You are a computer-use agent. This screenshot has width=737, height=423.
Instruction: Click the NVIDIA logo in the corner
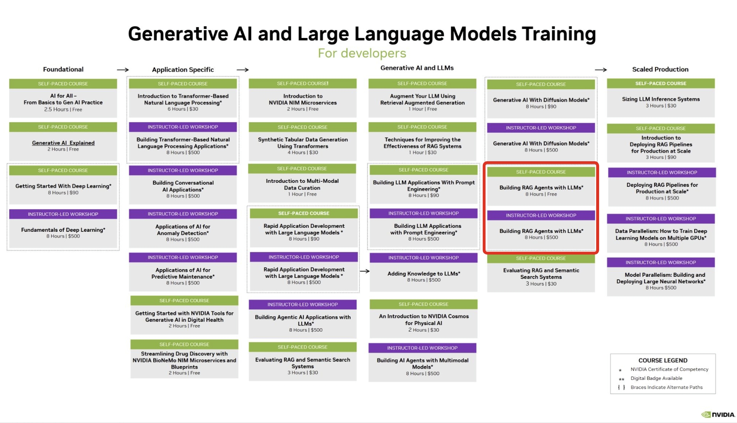click(x=718, y=414)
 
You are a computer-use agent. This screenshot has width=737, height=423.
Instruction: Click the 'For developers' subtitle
click(x=362, y=53)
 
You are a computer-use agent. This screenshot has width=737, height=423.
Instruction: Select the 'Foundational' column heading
click(x=63, y=69)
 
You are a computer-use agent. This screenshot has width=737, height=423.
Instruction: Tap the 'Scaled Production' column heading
click(x=660, y=69)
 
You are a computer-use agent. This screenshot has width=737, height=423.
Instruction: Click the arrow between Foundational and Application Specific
click(x=123, y=69)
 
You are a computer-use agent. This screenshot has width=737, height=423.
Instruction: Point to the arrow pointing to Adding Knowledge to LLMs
click(x=365, y=271)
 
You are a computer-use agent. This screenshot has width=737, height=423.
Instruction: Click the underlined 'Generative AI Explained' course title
click(x=63, y=143)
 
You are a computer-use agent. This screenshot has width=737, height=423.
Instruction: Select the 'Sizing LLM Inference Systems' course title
click(x=661, y=99)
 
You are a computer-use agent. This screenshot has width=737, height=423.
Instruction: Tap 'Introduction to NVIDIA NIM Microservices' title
click(x=303, y=99)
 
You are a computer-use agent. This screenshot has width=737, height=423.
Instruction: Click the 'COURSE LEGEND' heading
click(x=663, y=360)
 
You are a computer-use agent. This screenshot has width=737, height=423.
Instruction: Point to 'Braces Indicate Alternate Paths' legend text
click(x=666, y=388)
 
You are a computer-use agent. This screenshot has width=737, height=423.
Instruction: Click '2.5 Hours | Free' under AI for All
click(x=63, y=109)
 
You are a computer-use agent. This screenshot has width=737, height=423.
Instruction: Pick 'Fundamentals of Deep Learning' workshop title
click(x=63, y=230)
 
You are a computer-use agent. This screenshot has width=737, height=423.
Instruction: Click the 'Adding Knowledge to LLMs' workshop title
click(x=424, y=273)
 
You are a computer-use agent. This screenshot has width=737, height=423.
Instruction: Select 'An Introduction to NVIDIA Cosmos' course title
click(x=424, y=320)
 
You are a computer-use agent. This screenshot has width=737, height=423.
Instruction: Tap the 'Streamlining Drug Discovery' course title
click(x=184, y=360)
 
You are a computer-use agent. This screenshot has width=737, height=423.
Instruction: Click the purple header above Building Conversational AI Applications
click(x=183, y=170)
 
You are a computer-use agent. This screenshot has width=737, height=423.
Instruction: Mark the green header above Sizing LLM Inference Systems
click(x=661, y=83)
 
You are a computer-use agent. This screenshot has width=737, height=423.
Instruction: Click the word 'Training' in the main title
click(x=559, y=34)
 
